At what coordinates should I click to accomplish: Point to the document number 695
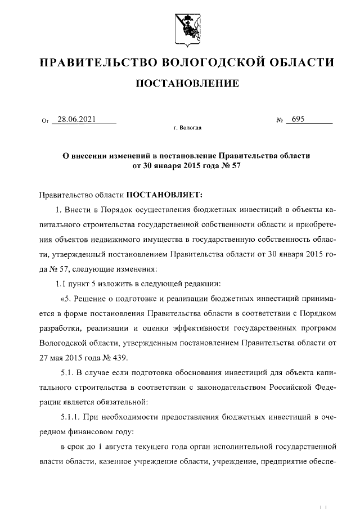(298, 119)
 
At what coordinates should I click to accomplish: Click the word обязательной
(120, 401)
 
